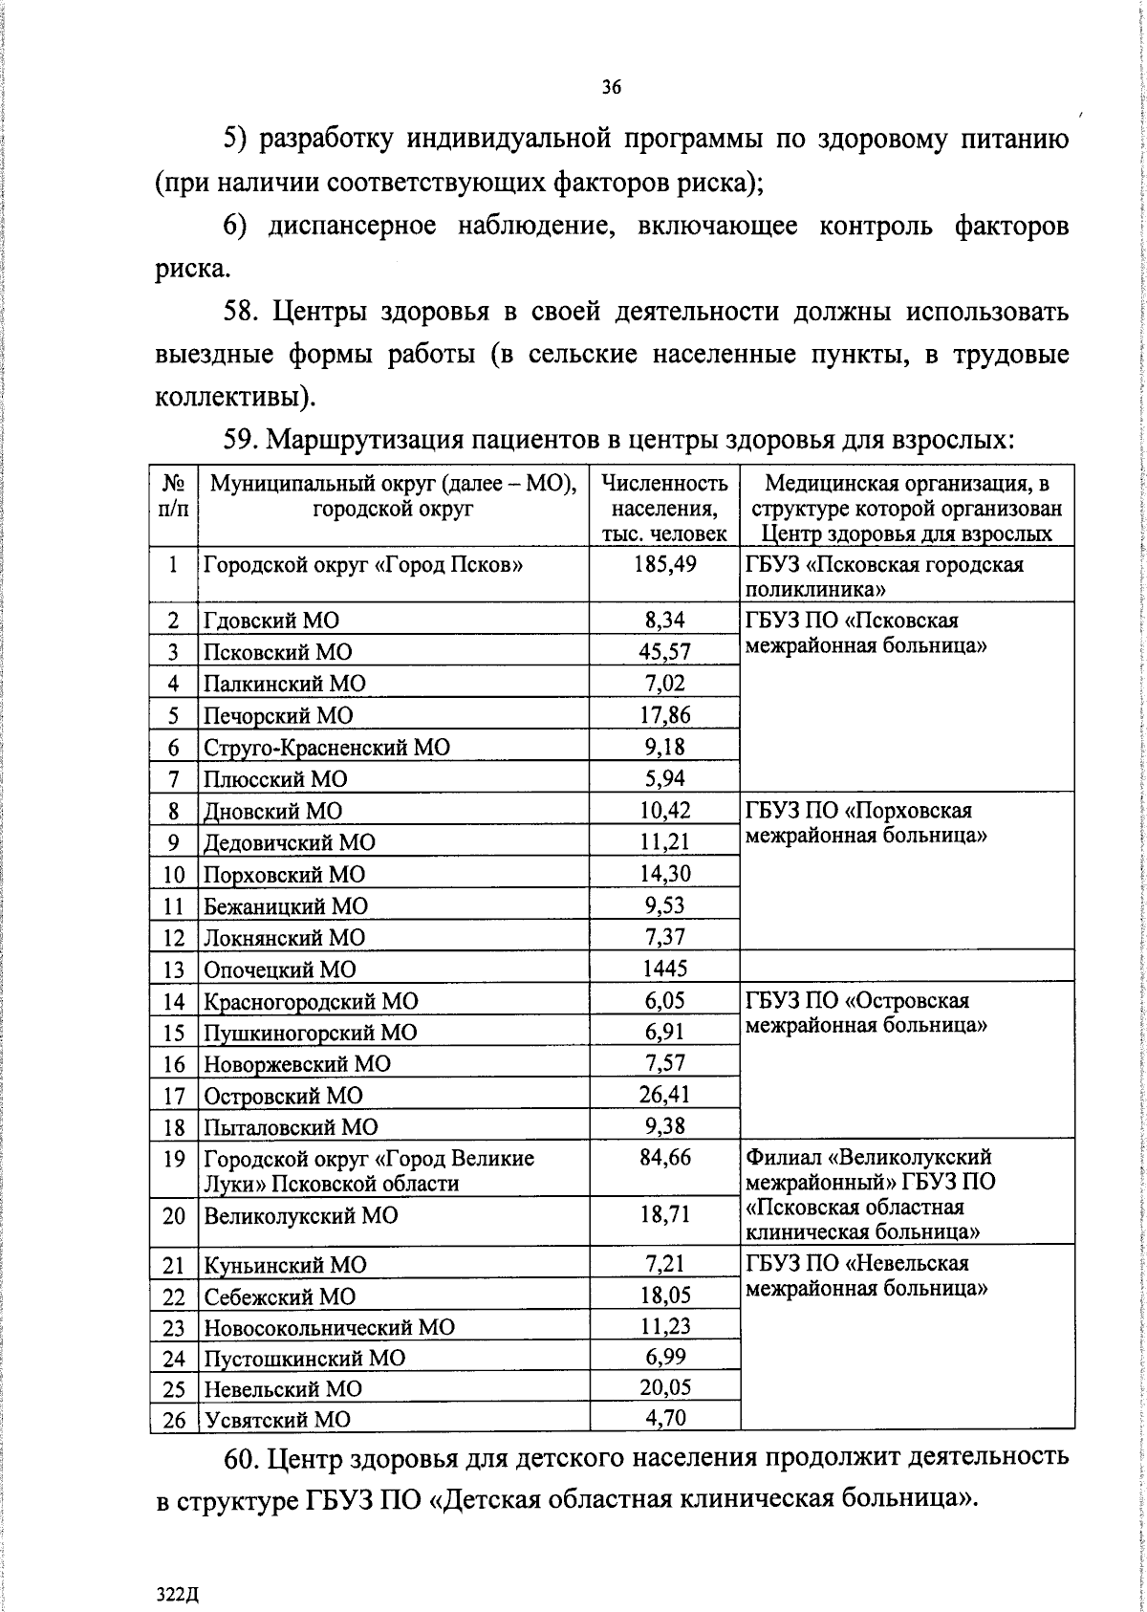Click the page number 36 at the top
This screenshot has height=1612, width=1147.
(x=612, y=87)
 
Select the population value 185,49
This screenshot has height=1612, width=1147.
(x=665, y=564)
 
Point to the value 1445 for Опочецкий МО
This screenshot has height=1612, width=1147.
(x=665, y=969)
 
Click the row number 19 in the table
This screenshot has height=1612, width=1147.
(x=173, y=1159)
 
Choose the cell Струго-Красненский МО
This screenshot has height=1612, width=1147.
(x=325, y=748)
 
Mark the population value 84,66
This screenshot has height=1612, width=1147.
(x=665, y=1159)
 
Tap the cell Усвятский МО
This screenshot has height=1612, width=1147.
(x=271, y=1420)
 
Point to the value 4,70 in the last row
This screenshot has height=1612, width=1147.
(x=665, y=1418)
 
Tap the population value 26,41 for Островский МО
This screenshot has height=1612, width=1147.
(x=665, y=1094)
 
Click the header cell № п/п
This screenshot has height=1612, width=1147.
(x=173, y=495)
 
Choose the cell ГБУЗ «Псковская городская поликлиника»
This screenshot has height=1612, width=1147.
(x=883, y=576)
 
